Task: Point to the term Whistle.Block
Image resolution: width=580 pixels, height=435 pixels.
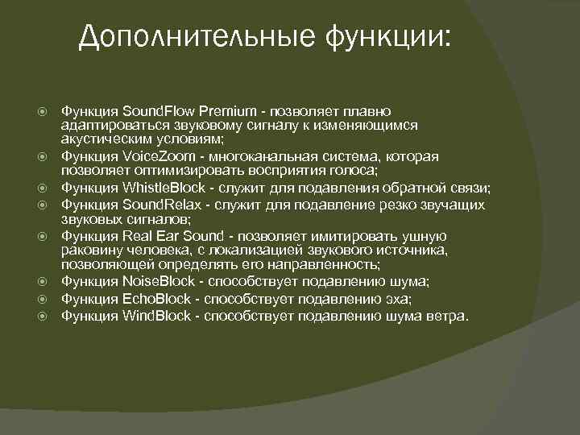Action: [163, 188]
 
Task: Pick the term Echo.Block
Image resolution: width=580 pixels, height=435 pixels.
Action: [155, 299]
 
